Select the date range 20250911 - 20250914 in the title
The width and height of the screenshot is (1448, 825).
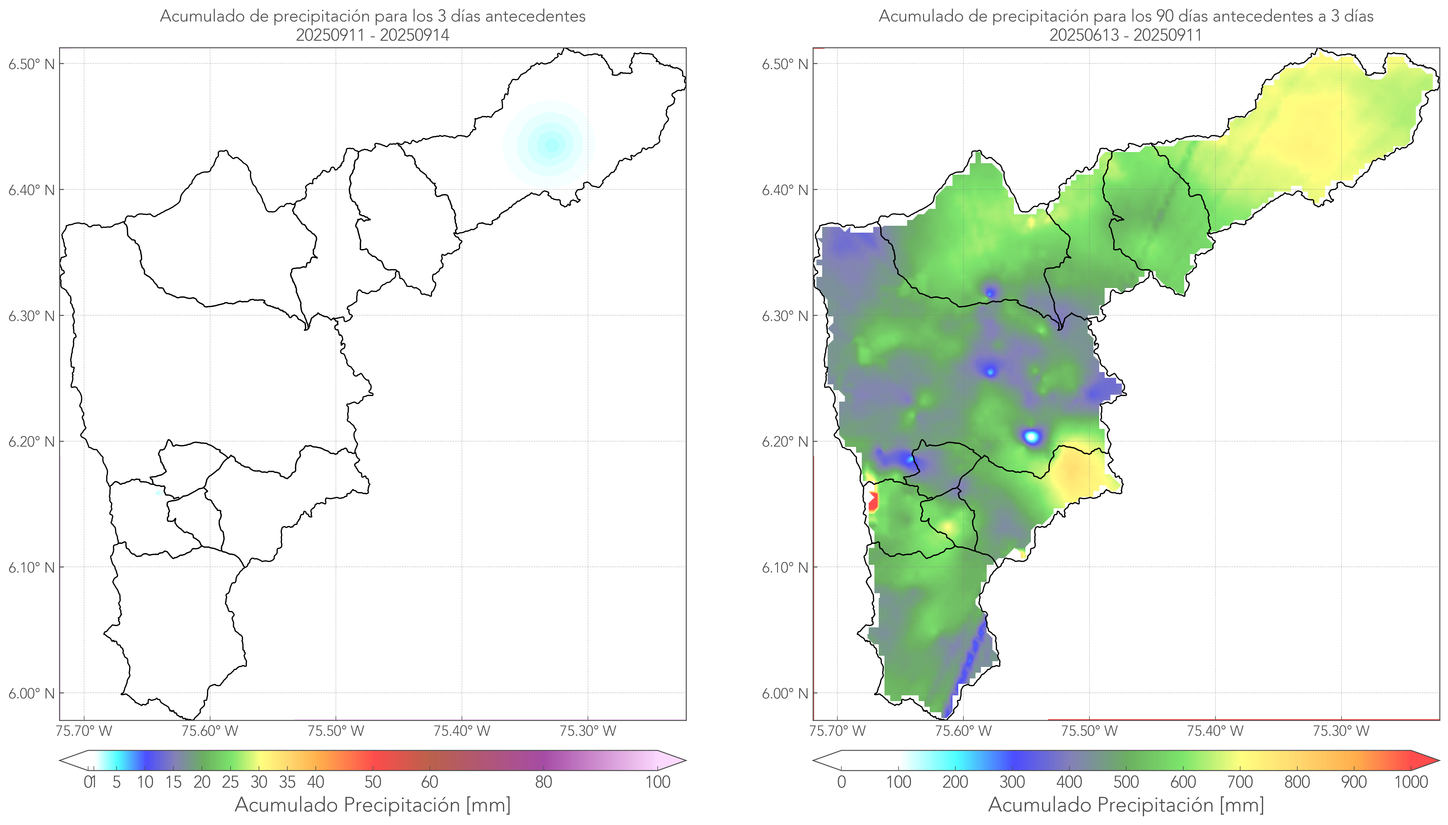click(373, 35)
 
